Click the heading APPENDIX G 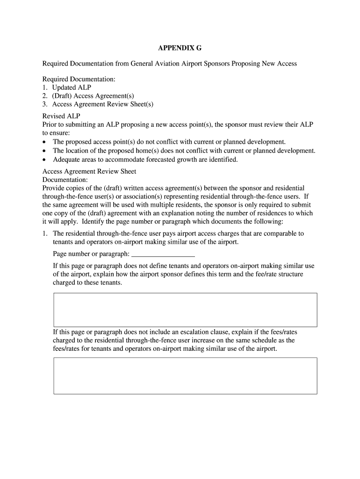tap(180, 49)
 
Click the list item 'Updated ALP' tap(72, 87)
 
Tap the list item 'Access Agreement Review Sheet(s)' tap(103, 104)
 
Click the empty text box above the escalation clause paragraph tap(185, 310)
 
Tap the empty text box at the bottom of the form tap(185, 376)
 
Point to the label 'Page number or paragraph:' tap(91, 254)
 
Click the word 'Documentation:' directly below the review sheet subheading tap(65, 180)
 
